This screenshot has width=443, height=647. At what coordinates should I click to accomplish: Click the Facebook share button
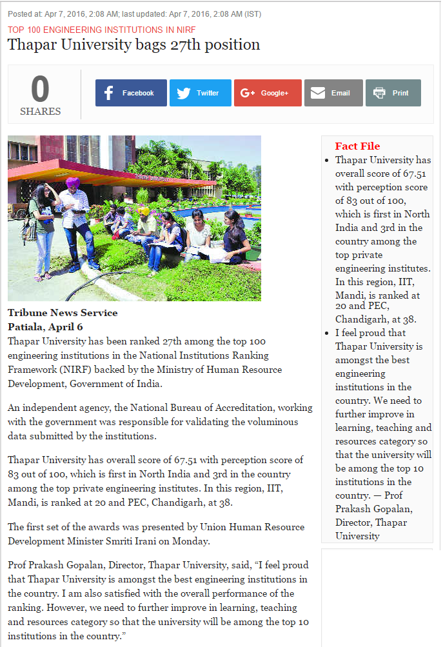click(x=131, y=93)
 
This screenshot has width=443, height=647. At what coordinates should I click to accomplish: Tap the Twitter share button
click(x=200, y=93)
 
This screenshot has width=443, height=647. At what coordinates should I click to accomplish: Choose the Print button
click(x=393, y=93)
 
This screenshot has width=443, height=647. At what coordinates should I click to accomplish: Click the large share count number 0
click(x=40, y=89)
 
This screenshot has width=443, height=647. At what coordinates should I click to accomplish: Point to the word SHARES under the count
click(x=40, y=112)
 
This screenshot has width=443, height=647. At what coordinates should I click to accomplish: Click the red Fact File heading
click(x=357, y=146)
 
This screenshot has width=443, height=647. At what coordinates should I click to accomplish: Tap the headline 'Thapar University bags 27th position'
click(x=133, y=45)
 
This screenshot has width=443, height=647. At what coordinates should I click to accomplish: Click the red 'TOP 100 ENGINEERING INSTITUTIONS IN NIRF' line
click(x=101, y=30)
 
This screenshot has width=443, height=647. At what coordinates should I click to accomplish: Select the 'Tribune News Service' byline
click(x=63, y=313)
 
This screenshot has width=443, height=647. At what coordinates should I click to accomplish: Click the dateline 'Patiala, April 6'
click(x=45, y=326)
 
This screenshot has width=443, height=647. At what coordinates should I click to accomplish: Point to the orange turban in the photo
click(x=72, y=183)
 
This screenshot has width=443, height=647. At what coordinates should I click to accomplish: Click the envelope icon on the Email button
click(x=317, y=93)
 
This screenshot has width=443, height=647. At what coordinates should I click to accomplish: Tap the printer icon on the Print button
click(x=379, y=93)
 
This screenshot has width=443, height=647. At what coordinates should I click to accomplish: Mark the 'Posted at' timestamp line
click(x=135, y=14)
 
